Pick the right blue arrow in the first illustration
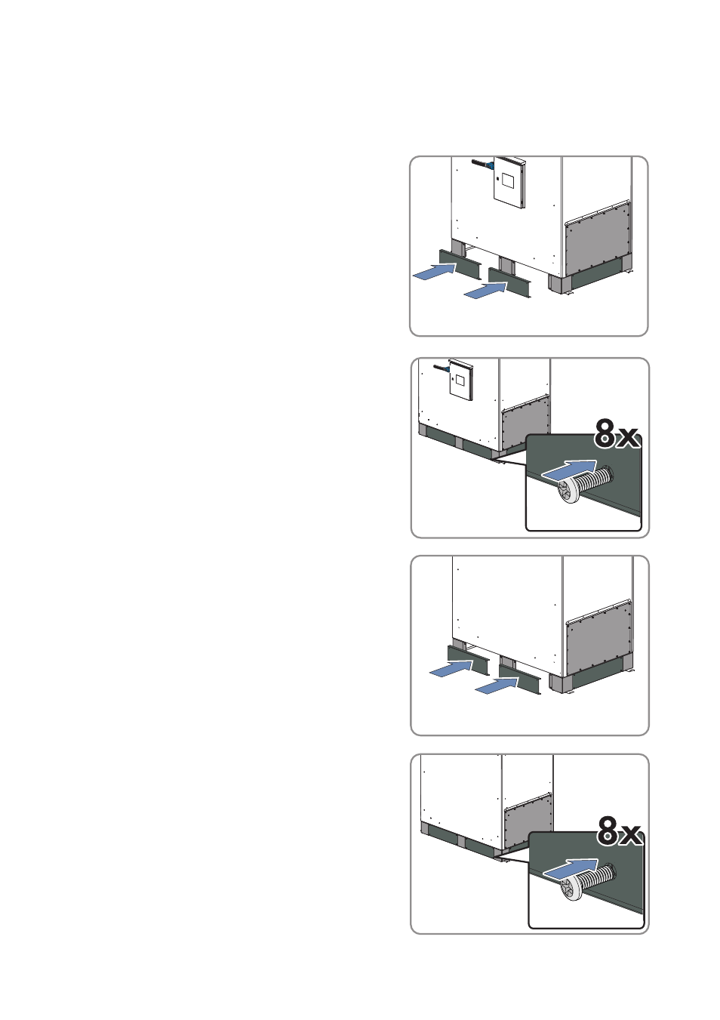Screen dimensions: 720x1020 point(485,291)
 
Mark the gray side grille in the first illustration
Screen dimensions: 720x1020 point(598,242)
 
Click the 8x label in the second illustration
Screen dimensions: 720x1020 point(617,434)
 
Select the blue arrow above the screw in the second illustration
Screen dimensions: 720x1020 point(569,470)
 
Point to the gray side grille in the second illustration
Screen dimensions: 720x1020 point(525,422)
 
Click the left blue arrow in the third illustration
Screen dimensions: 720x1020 point(451,669)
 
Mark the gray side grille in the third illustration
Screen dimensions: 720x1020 point(598,642)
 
